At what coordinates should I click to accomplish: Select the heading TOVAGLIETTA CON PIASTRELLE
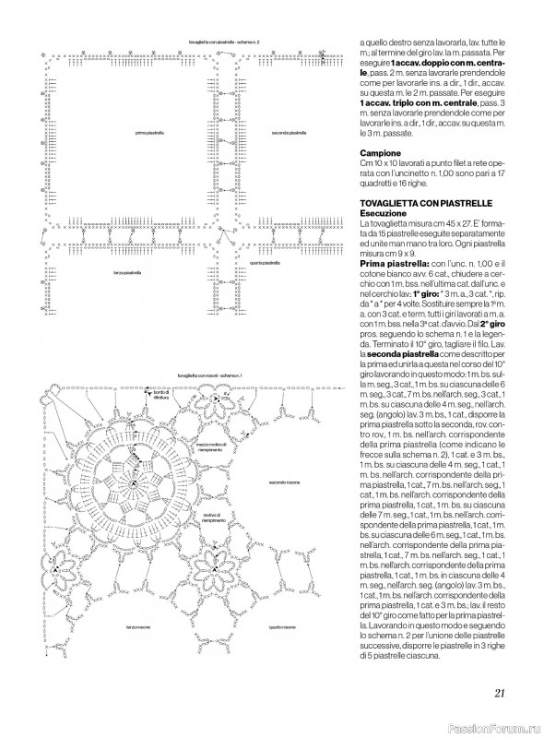[x=420, y=202]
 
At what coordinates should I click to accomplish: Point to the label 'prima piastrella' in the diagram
[x=149, y=134]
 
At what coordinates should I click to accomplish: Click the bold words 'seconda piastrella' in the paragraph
[x=396, y=354]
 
